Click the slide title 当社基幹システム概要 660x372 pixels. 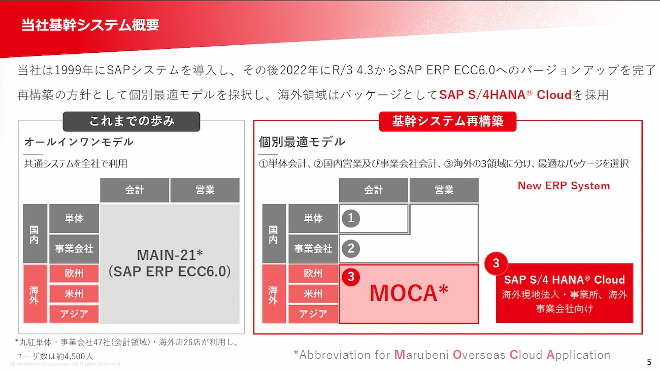pos(90,25)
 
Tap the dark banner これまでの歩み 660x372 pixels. pos(131,121)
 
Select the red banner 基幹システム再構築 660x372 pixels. pos(448,121)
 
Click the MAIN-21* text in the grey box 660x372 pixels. pos(170,255)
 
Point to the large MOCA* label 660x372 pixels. pos(409,293)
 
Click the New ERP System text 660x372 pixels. pos(564,186)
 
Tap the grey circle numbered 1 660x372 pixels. pos(351,218)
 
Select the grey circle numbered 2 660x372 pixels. pos(351,248)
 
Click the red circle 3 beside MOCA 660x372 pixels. pos(351,277)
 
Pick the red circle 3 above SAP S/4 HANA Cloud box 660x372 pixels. pos(496,263)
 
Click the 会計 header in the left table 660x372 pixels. pos(135,190)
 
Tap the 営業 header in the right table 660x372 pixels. pos(444,190)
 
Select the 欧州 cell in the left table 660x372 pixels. pos(74,274)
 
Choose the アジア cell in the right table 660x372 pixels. pos(313,314)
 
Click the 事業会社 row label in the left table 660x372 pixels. pos(74,249)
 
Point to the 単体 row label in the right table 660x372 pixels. pos(313,218)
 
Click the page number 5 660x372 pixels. pos(649,362)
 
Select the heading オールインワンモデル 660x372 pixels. pos(79,142)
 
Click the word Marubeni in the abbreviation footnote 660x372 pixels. pos(421,355)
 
